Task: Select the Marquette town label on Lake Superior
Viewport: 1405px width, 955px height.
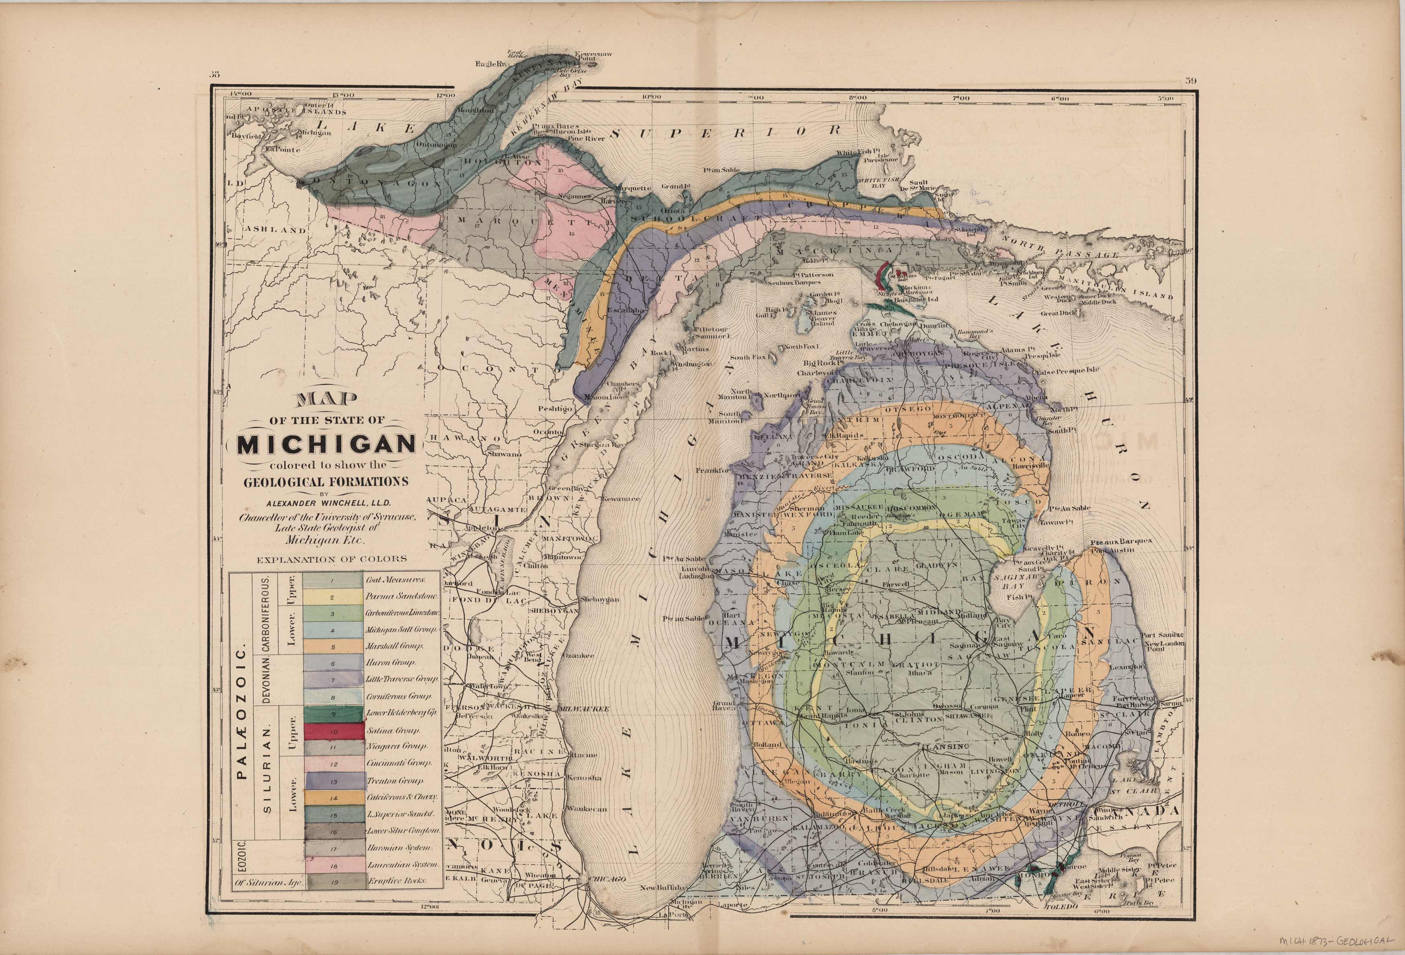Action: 633,188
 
